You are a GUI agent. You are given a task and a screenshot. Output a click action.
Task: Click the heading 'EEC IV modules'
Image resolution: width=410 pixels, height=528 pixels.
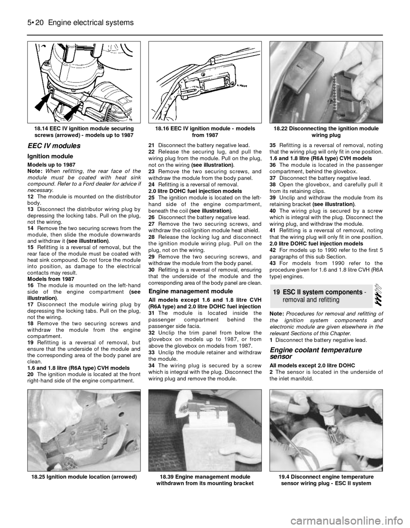(x=54, y=146)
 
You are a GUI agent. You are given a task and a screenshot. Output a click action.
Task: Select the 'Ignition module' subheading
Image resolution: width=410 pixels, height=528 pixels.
(x=50, y=156)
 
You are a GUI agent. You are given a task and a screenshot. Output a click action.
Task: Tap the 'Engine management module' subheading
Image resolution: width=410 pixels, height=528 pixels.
(x=190, y=291)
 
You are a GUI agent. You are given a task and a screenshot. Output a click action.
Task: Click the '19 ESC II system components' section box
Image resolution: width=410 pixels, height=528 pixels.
(x=321, y=296)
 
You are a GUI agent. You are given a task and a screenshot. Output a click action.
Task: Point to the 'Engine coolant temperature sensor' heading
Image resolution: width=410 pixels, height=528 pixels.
(x=316, y=353)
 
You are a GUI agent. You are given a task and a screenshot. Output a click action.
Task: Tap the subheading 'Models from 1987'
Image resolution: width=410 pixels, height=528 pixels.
(x=51, y=279)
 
